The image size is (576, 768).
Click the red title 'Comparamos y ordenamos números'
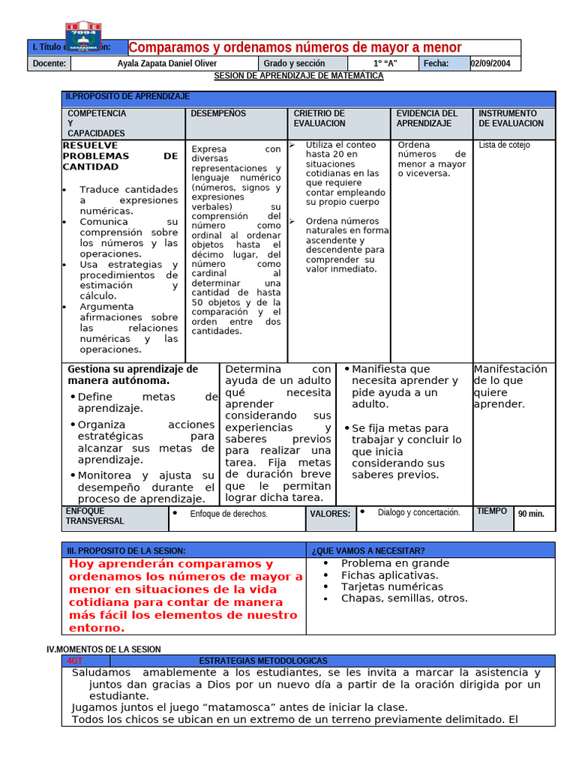295,47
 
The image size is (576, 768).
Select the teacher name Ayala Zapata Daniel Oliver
167,64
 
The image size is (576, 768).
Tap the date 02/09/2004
490,64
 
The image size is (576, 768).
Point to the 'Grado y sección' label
293,64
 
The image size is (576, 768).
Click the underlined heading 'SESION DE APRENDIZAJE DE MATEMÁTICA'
298,76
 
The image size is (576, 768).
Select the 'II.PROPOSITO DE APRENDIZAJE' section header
128,97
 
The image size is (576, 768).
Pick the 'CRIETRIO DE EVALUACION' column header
319,118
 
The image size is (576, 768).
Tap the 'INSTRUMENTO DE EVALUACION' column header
511,118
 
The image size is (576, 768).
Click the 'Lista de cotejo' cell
504,145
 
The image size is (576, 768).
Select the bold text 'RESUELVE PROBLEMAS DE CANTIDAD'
120,156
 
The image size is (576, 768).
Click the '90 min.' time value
531,514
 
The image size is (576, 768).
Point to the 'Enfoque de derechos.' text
229,514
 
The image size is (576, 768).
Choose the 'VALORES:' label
330,514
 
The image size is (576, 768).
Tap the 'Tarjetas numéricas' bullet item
391,586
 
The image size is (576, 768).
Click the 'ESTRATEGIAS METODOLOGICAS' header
263,661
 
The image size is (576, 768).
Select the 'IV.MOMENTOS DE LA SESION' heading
103,649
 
